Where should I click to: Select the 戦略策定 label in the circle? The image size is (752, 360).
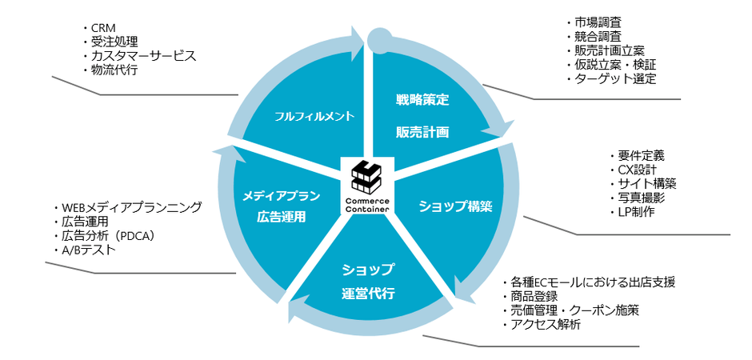(422, 101)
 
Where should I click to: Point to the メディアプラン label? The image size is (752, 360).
(281, 195)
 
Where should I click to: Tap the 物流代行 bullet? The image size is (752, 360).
(114, 70)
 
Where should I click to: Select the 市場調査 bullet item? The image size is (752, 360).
(597, 21)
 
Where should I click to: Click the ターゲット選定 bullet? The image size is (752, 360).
(615, 78)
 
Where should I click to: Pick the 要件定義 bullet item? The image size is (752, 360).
(641, 155)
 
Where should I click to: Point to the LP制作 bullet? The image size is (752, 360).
(638, 212)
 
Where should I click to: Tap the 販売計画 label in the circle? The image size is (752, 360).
(422, 131)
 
